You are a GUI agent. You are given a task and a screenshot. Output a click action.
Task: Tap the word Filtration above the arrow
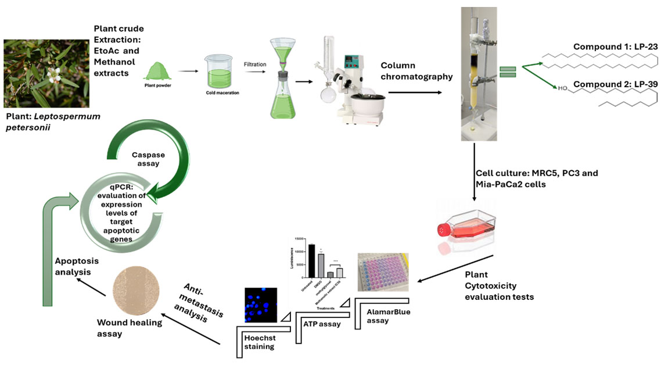[x=255, y=65]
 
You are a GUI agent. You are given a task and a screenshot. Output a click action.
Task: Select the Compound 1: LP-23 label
[x=615, y=46]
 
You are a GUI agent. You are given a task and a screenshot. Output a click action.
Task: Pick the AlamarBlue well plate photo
[x=383, y=273]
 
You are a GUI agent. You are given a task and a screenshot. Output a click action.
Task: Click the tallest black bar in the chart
[x=311, y=261]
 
